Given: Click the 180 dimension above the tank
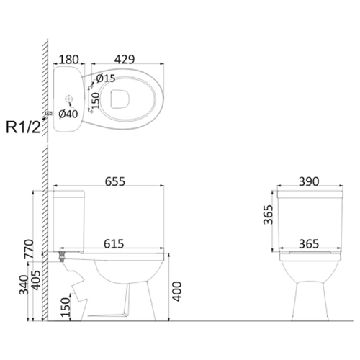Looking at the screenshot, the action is click(x=68, y=60).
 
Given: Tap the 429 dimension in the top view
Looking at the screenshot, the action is click(x=125, y=59).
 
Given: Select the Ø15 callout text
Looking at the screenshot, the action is click(x=106, y=78).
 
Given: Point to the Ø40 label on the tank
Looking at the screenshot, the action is click(x=68, y=114).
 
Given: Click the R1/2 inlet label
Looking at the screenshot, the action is click(x=23, y=127).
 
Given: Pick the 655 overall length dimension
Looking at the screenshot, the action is click(x=115, y=181).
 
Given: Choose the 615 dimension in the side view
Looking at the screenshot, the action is click(x=114, y=243).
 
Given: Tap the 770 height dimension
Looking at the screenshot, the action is click(x=30, y=249).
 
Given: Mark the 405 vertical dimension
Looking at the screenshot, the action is click(x=36, y=280).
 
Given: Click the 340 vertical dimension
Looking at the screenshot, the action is click(x=24, y=285).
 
